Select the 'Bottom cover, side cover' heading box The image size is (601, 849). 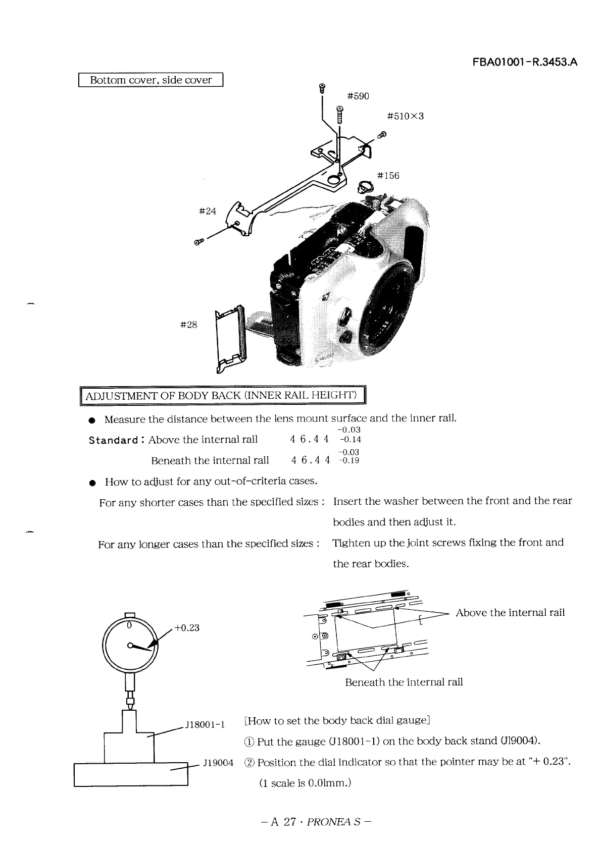(151, 80)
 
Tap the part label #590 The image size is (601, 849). (358, 96)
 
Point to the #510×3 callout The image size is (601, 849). (405, 116)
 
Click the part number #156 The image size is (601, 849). (388, 176)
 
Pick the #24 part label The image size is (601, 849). (208, 211)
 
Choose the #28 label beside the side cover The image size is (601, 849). (188, 325)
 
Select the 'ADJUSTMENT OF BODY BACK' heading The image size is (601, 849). (222, 395)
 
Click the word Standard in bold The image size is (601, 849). (113, 440)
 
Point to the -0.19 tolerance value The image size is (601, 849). (349, 461)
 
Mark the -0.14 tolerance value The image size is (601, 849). (350, 440)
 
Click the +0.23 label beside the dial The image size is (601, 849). (187, 627)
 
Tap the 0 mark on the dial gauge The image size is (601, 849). (129, 625)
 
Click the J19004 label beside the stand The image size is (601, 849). (218, 762)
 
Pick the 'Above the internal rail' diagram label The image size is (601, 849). (510, 613)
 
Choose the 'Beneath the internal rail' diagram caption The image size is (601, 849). (404, 682)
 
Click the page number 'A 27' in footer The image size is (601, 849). (283, 822)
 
